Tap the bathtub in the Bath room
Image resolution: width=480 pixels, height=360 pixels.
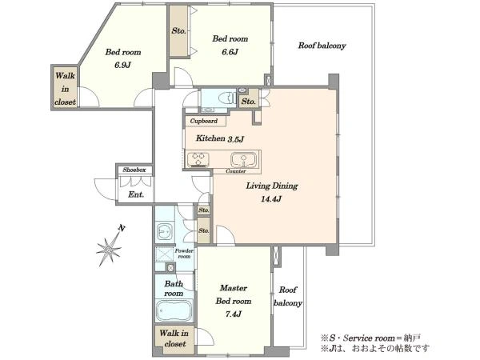click(174, 310)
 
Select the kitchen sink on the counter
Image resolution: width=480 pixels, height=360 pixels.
click(244, 160)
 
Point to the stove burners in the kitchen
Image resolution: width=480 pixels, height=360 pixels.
click(198, 159)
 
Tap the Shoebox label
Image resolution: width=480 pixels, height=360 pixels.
click(134, 170)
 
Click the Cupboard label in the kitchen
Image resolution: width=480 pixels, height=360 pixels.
click(204, 121)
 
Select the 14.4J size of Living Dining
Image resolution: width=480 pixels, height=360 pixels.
click(271, 199)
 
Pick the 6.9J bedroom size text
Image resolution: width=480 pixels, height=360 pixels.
click(122, 65)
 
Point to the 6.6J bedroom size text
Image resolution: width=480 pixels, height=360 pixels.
click(230, 52)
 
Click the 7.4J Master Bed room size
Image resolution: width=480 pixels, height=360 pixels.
click(234, 314)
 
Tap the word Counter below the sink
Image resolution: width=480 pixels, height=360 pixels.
click(236, 171)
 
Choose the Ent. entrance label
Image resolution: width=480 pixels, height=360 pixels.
click(136, 194)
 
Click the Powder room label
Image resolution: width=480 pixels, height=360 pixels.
click(184, 254)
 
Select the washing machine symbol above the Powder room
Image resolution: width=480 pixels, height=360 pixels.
click(165, 231)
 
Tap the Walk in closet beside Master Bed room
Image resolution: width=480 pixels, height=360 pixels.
click(174, 338)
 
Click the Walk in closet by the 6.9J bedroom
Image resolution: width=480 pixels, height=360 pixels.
click(66, 89)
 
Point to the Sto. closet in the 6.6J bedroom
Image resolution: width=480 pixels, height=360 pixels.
click(178, 30)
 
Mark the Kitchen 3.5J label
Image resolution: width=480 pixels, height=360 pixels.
click(220, 138)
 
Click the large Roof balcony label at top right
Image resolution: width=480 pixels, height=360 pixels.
click(322, 46)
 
